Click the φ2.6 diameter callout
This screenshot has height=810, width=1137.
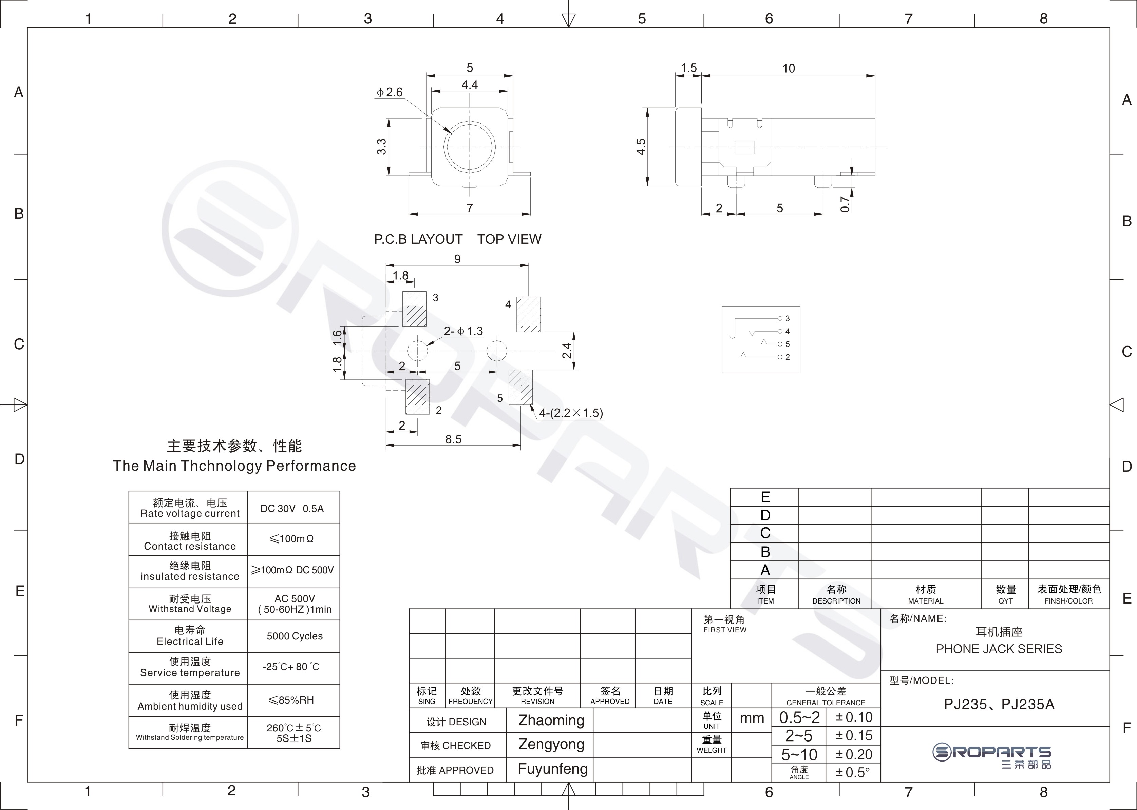coord(389,92)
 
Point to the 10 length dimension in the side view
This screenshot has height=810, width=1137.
coord(789,68)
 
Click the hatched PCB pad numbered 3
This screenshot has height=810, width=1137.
coord(414,309)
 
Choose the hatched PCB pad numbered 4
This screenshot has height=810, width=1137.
coord(528,314)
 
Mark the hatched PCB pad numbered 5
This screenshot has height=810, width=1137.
coord(520,388)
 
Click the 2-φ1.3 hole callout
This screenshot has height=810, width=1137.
coord(464,331)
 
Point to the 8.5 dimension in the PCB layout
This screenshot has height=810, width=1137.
coord(453,439)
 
